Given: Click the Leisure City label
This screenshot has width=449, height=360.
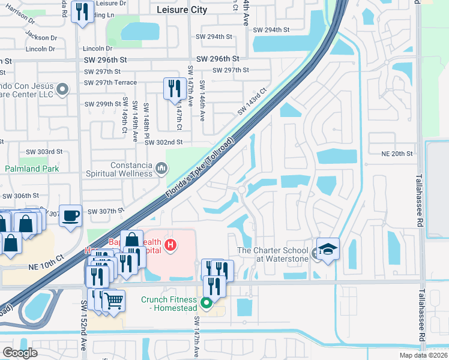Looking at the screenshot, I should (181, 10).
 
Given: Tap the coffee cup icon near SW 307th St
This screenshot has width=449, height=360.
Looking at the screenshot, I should (71, 216).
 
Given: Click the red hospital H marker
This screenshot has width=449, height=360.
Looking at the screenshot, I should (171, 245).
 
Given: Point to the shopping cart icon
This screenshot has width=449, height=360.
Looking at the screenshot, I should (113, 300).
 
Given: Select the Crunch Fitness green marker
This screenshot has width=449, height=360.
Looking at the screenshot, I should (206, 304).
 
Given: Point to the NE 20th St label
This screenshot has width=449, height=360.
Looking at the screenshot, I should (397, 154).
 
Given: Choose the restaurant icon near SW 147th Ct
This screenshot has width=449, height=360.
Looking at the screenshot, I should (173, 89).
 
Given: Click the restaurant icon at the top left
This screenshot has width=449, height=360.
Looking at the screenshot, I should (80, 12).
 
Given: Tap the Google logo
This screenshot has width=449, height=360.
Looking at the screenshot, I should (19, 353).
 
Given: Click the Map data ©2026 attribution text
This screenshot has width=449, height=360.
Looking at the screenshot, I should (423, 355).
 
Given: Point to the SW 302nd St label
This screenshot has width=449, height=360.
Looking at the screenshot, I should (165, 142).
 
